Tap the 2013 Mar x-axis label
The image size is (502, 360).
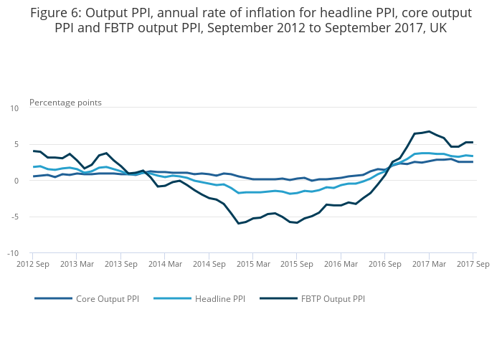(x=77, y=265)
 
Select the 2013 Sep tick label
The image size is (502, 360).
(x=121, y=265)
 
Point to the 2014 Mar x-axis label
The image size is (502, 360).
(x=165, y=265)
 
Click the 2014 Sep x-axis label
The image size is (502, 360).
(x=209, y=265)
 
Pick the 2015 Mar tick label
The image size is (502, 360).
(x=253, y=265)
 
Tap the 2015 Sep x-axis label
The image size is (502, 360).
(x=298, y=265)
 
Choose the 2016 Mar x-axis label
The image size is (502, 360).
(x=341, y=265)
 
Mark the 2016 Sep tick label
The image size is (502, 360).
(x=385, y=265)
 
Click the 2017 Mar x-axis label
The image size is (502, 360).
(x=429, y=265)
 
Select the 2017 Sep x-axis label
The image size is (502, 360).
(x=473, y=265)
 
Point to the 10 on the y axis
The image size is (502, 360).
(x=14, y=108)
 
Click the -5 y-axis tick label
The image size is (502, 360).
(x=14, y=217)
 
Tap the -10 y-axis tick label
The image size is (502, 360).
(x=13, y=253)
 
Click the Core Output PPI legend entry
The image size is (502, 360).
(x=108, y=298)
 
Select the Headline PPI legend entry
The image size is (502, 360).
(x=219, y=298)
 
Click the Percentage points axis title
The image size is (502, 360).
(x=65, y=103)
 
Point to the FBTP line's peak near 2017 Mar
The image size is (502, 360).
(x=429, y=131)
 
